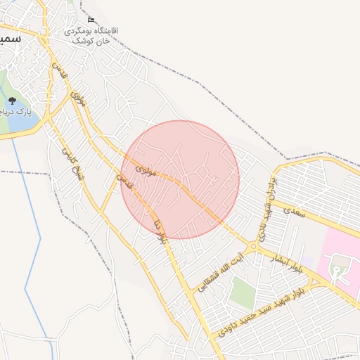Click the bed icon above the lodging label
91,20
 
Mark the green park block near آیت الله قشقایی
243,292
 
